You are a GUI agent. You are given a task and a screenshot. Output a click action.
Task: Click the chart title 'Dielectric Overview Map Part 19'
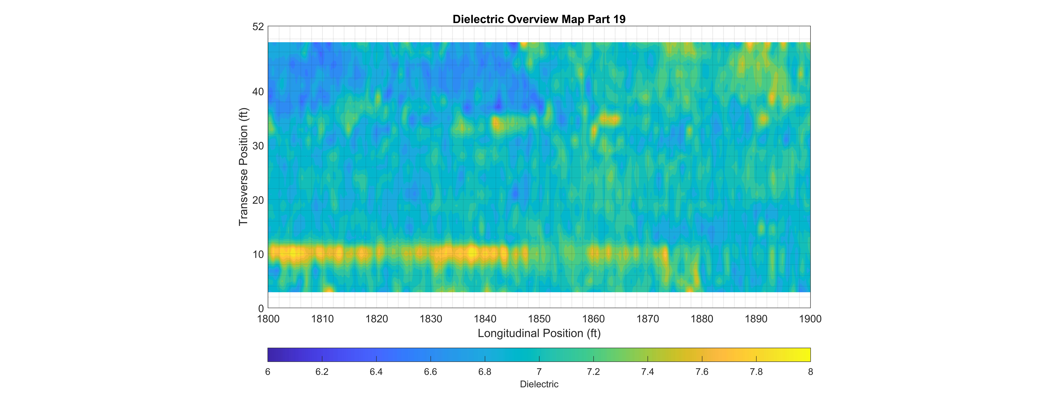tap(539, 19)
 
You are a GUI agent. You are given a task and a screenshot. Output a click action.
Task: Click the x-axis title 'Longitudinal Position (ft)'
tap(539, 333)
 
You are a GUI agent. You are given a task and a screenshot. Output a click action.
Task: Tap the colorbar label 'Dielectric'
tap(539, 384)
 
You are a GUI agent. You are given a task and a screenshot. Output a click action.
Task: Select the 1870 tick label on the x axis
tap(648, 319)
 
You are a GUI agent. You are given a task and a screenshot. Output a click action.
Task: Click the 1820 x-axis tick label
tap(377, 319)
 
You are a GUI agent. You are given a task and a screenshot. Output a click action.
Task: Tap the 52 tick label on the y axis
tap(258, 27)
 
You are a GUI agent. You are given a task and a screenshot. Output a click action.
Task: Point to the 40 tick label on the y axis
tap(258, 92)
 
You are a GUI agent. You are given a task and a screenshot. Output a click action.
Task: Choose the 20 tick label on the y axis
tap(258, 200)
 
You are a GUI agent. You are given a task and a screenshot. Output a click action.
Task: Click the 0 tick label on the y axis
tap(261, 308)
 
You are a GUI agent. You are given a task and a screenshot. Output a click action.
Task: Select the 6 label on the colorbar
tap(268, 372)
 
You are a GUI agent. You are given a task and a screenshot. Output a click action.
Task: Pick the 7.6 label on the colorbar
tap(702, 372)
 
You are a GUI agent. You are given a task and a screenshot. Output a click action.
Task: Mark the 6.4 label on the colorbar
tap(376, 372)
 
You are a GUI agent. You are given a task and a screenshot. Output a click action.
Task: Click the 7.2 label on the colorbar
tap(593, 372)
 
